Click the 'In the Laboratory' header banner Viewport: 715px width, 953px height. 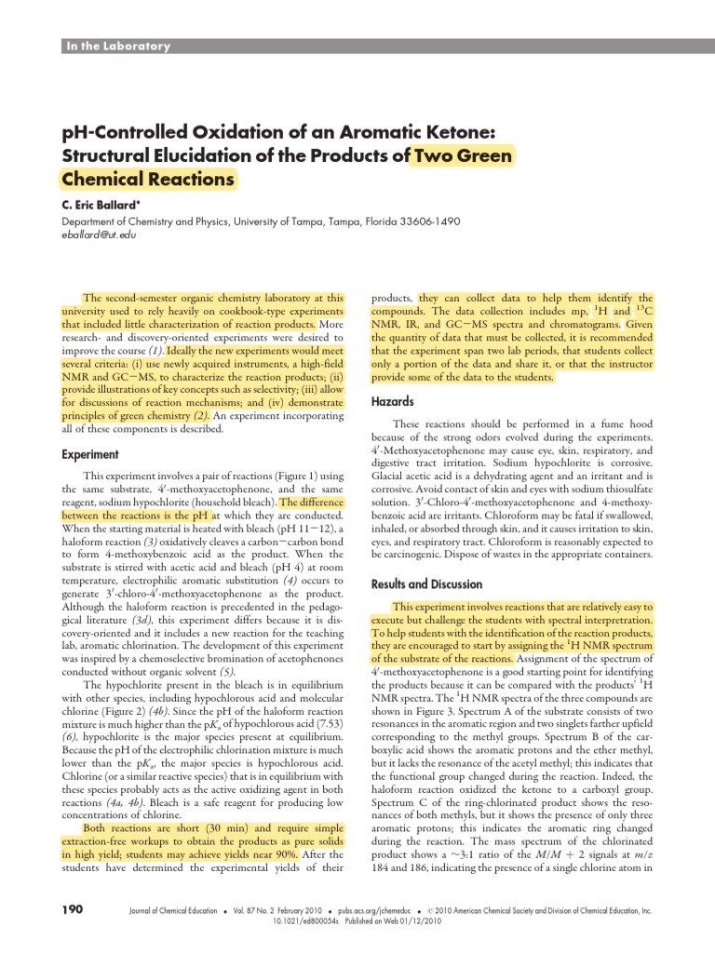116,47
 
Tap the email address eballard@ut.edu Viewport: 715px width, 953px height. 99,236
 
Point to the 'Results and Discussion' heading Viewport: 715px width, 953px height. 426,584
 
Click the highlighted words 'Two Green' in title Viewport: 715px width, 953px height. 462,155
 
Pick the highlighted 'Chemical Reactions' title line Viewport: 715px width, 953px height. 148,178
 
